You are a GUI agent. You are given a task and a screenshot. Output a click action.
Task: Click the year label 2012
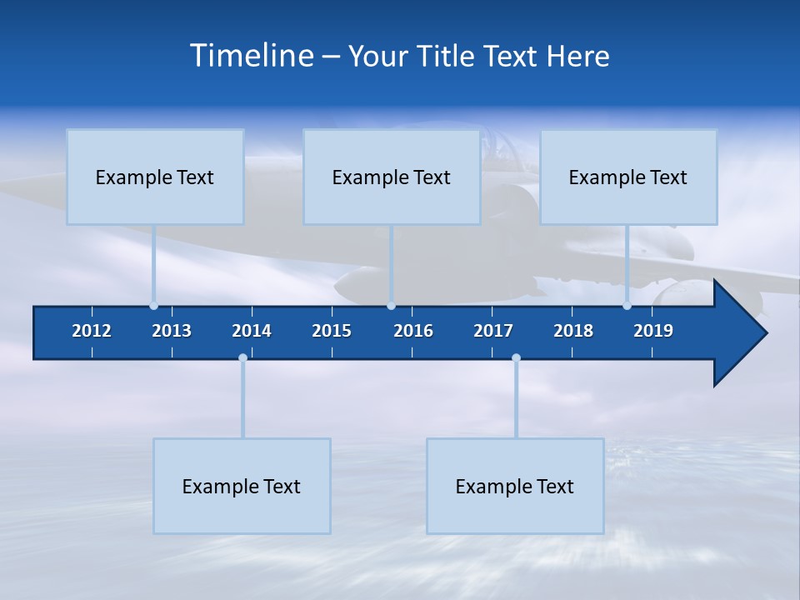(x=92, y=331)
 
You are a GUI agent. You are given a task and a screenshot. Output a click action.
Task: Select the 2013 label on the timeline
(x=172, y=331)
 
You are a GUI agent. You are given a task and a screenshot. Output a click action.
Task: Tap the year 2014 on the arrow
(x=252, y=331)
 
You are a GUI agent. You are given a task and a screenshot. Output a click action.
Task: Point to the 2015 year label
(x=332, y=331)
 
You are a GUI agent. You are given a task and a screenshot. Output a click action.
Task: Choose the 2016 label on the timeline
(x=413, y=331)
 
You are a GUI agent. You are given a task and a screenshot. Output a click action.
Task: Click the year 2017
(x=493, y=331)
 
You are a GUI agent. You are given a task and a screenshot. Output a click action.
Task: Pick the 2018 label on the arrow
(x=573, y=331)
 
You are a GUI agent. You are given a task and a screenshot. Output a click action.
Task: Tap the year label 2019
(x=653, y=331)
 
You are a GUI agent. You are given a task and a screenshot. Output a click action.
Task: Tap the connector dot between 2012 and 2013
(x=153, y=306)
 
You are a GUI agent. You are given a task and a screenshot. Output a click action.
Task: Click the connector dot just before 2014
(x=242, y=358)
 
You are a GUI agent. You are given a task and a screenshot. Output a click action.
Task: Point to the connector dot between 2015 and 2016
(x=391, y=306)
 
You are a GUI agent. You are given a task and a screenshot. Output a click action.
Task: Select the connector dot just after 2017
(x=516, y=358)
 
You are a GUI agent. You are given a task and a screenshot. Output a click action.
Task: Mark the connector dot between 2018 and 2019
(x=627, y=306)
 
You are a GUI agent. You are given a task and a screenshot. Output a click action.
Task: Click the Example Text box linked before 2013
(x=155, y=177)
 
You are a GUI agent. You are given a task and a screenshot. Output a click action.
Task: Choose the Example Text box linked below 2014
(x=242, y=486)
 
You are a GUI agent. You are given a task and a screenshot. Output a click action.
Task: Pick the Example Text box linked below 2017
(x=515, y=486)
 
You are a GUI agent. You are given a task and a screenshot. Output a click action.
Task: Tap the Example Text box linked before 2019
(x=628, y=177)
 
